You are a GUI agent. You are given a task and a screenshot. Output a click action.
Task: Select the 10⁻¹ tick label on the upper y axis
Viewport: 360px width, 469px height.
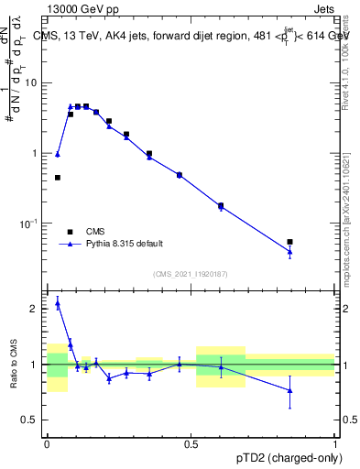[x=32, y=223]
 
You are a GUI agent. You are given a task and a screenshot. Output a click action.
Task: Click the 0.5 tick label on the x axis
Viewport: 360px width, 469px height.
[x=191, y=442]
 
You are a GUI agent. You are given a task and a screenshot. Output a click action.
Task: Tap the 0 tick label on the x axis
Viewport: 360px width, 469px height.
[x=48, y=442]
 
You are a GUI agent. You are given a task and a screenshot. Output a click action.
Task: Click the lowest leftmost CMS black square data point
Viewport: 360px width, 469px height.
[x=58, y=178]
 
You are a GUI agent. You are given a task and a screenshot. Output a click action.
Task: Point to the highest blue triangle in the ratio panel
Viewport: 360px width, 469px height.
[x=58, y=303]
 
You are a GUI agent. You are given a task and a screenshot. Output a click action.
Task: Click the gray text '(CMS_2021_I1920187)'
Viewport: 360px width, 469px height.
[x=189, y=274]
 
